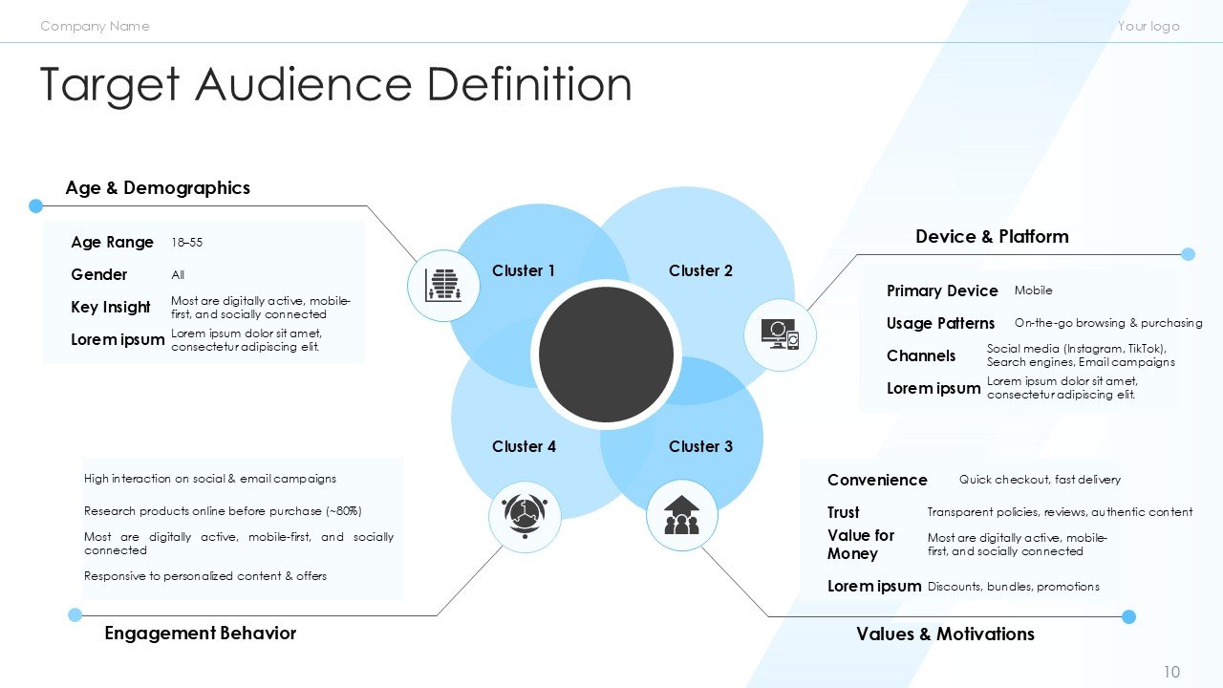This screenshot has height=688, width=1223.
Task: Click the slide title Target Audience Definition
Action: (x=335, y=85)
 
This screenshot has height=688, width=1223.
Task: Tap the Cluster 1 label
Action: (x=524, y=271)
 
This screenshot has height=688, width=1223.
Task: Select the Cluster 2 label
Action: (x=700, y=271)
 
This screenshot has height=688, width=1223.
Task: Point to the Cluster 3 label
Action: (x=700, y=447)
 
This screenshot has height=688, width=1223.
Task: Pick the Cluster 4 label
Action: (x=524, y=447)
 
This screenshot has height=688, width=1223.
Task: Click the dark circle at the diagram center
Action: (x=606, y=355)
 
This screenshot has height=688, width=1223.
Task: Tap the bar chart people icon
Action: (x=442, y=285)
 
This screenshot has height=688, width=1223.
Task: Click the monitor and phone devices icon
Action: (x=780, y=334)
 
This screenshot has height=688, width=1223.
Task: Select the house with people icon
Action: (x=681, y=514)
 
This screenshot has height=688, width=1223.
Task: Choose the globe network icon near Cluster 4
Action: (x=524, y=516)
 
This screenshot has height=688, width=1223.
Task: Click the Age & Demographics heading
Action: (x=158, y=188)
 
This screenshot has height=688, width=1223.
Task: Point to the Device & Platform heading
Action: (x=992, y=237)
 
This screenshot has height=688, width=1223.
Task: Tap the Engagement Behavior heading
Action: (x=200, y=634)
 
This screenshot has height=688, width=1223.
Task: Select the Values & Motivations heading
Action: (x=945, y=634)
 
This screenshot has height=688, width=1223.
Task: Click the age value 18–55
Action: (x=186, y=243)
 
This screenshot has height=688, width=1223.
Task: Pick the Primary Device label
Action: (x=942, y=291)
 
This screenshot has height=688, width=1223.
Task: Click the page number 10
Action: (x=1172, y=673)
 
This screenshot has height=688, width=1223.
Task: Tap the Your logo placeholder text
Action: (x=1148, y=26)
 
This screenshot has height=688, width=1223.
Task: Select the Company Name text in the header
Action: (x=95, y=26)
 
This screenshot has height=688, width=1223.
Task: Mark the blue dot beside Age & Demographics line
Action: (x=36, y=205)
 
